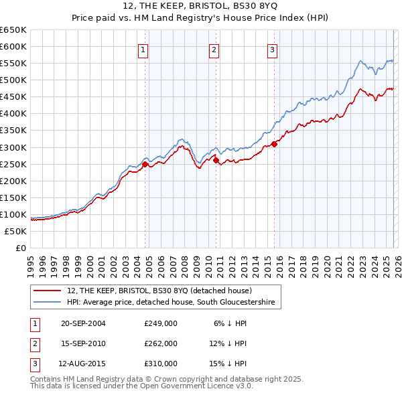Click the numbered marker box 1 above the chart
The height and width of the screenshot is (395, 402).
pyautogui.click(x=143, y=50)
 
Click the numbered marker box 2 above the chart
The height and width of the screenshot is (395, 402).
pyautogui.click(x=213, y=50)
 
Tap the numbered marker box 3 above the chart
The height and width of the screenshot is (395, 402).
pyautogui.click(x=273, y=50)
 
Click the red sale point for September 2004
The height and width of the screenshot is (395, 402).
pyautogui.click(x=145, y=164)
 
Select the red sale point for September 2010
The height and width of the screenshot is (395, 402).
pyautogui.click(x=216, y=160)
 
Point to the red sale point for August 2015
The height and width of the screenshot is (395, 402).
pyautogui.click(x=274, y=144)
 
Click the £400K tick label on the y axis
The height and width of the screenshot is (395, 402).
pyautogui.click(x=13, y=114)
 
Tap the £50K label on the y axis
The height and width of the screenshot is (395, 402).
pyautogui.click(x=16, y=231)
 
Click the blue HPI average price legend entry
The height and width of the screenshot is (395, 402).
pyautogui.click(x=171, y=303)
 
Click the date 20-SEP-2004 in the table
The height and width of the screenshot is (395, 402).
pyautogui.click(x=83, y=323)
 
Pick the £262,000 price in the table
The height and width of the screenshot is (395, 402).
pyautogui.click(x=160, y=343)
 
